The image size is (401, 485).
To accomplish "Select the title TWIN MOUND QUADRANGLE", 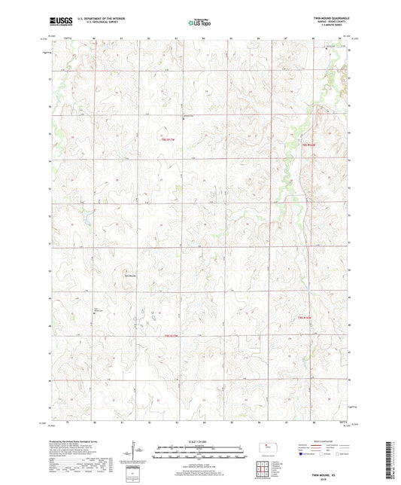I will (x=330, y=16).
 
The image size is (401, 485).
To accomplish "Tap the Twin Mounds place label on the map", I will (x=130, y=274).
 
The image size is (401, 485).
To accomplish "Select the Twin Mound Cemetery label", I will (x=98, y=309).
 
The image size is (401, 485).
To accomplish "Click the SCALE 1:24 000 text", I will (x=199, y=441).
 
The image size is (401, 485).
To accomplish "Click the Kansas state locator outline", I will (x=268, y=450).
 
